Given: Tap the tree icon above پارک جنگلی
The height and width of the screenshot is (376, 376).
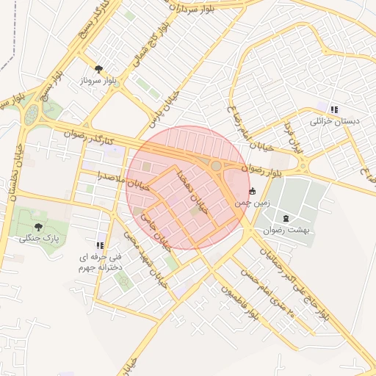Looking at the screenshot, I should pyautogui.click(x=39, y=227).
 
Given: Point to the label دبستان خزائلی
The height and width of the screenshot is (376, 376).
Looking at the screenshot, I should pyautogui.click(x=336, y=122).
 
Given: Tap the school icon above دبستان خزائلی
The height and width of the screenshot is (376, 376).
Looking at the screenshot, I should pyautogui.click(x=335, y=110).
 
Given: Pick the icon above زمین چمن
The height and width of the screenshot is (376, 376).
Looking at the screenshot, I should pyautogui.click(x=253, y=191).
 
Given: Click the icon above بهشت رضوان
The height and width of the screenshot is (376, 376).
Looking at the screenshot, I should pyautogui.click(x=286, y=218).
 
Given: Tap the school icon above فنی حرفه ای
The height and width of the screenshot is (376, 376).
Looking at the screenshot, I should pyautogui.click(x=99, y=245).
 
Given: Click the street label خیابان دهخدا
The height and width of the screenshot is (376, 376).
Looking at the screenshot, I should pyautogui.click(x=192, y=189).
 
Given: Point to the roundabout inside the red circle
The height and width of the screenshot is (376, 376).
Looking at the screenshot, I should pyautogui.click(x=216, y=167).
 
